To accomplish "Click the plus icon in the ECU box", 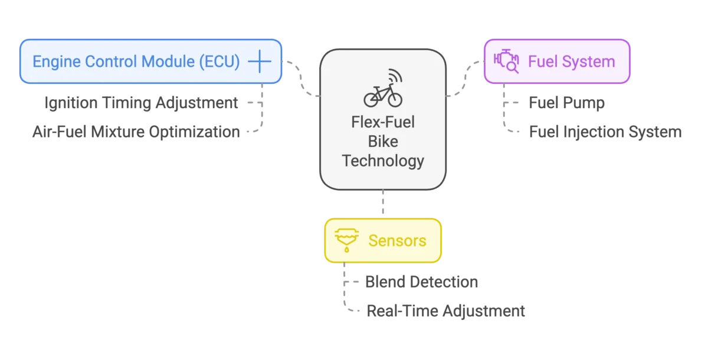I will pyautogui.click(x=259, y=61).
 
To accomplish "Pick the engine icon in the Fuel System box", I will pyautogui.click(x=506, y=62).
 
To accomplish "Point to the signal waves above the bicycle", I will pyautogui.click(x=394, y=77).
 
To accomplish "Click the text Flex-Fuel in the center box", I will pyautogui.click(x=383, y=123).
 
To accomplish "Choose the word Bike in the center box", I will pyautogui.click(x=383, y=142).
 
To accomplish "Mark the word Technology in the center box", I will pyautogui.click(x=383, y=161).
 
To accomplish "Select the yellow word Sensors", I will pyautogui.click(x=397, y=241).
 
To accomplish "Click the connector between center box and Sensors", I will pyautogui.click(x=383, y=204).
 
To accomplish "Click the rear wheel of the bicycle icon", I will pyautogui.click(x=371, y=100).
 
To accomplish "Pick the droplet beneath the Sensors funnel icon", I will pyautogui.click(x=347, y=250).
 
